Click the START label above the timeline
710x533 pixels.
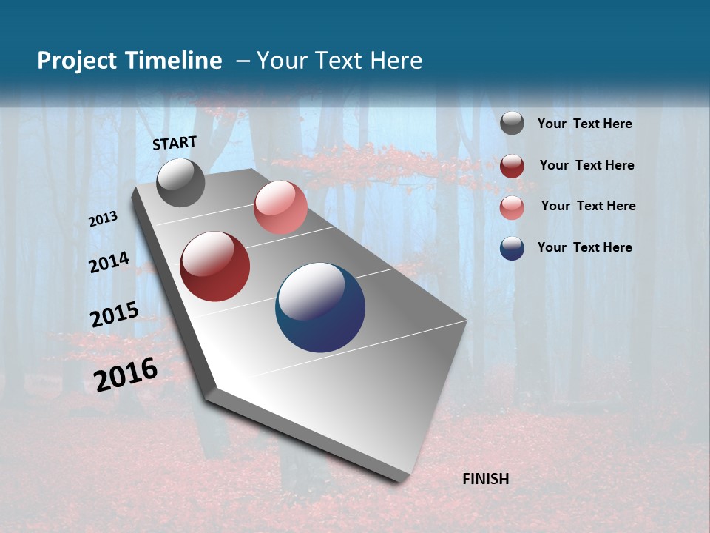tap(175, 143)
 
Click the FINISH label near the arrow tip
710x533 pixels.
tap(485, 479)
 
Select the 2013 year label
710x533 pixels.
tap(104, 219)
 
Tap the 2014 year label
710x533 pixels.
tap(109, 262)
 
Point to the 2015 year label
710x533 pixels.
tap(114, 315)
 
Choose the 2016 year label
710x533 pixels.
tap(126, 374)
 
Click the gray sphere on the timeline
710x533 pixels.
tap(180, 182)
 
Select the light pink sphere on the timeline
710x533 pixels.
tap(280, 207)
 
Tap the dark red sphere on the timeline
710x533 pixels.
tap(214, 266)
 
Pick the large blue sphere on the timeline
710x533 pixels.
tap(320, 307)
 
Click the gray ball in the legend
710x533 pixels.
tap(512, 123)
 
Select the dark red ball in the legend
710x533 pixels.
tap(512, 166)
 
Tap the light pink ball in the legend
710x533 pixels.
tap(512, 207)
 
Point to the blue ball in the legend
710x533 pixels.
tap(512, 248)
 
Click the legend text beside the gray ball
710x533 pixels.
tap(584, 124)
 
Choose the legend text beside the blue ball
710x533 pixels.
tap(584, 247)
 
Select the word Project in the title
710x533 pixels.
tap(76, 61)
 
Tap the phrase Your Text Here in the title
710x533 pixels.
tap(339, 61)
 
